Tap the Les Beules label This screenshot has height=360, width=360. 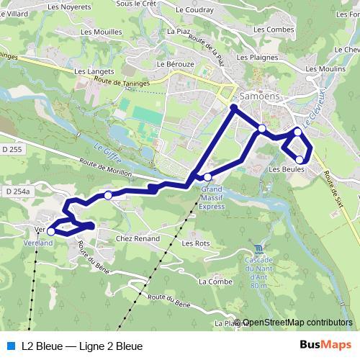[x=286, y=169]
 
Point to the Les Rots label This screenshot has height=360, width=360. [x=195, y=243]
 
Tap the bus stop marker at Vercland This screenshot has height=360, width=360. [x=50, y=231]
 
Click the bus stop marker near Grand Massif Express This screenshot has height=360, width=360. [x=207, y=177]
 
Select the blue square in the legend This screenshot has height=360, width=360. [x=10, y=346]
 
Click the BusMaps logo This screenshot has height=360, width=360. [x=325, y=346]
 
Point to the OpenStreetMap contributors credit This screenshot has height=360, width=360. [x=297, y=323]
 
